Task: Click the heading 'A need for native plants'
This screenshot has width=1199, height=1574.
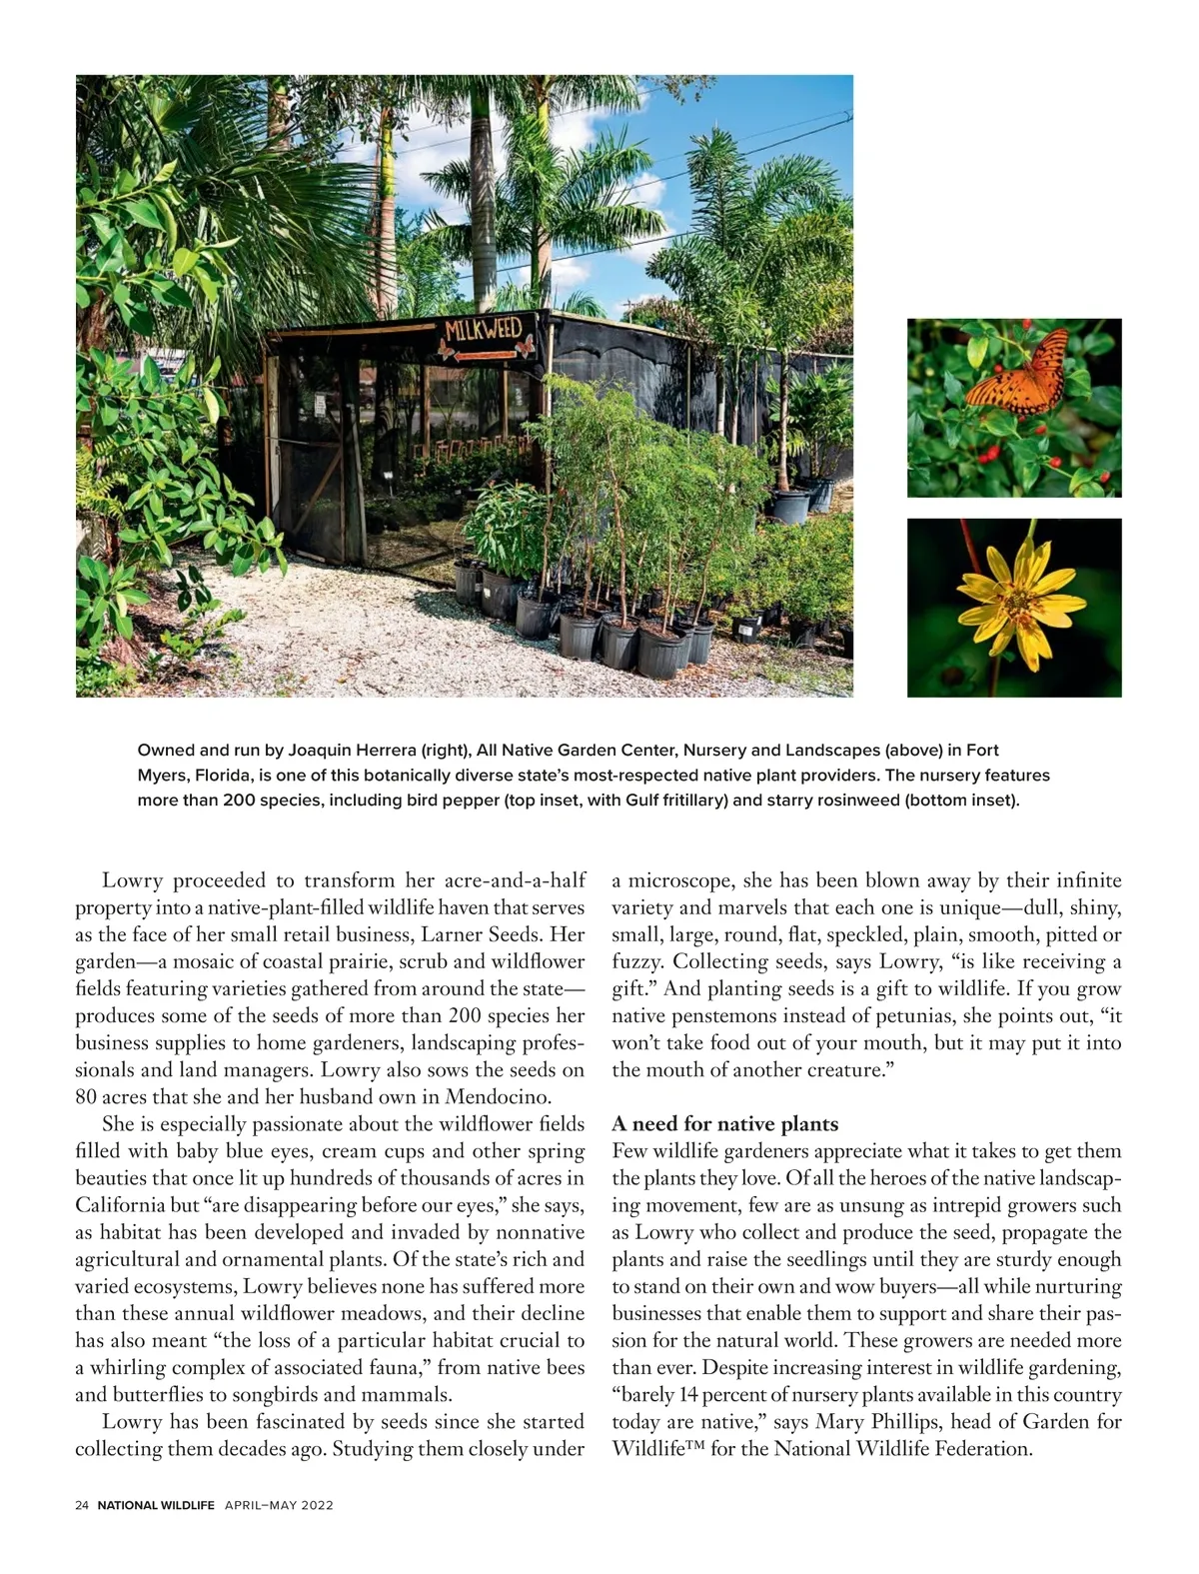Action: tap(724, 1124)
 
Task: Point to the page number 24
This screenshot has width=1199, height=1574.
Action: tap(82, 1505)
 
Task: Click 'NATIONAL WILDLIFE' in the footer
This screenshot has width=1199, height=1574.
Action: tap(156, 1505)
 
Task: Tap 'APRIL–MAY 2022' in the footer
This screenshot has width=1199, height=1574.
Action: tap(279, 1505)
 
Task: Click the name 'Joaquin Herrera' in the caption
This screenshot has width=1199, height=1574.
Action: tap(352, 750)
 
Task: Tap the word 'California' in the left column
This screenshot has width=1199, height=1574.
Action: tap(121, 1205)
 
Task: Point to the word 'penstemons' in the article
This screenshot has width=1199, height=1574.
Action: tap(722, 1015)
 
